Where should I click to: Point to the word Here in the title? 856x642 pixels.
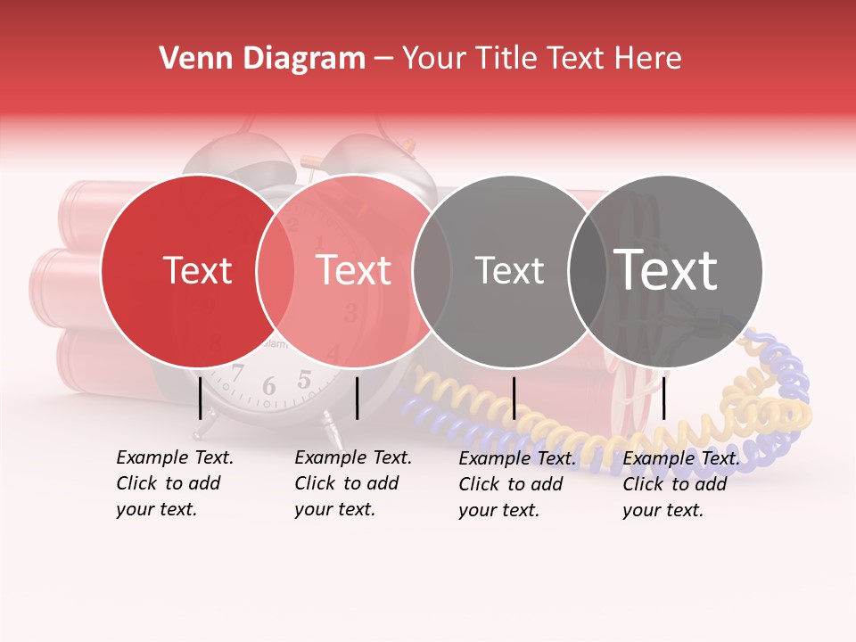[646, 59]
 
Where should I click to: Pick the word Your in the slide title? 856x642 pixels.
[434, 59]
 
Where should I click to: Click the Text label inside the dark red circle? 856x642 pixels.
[197, 270]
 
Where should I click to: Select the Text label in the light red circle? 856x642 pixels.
[354, 270]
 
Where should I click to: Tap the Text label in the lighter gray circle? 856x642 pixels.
[509, 270]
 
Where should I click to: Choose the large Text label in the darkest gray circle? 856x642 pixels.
[666, 270]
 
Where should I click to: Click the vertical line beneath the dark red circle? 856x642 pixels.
[201, 398]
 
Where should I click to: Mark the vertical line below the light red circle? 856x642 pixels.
[358, 398]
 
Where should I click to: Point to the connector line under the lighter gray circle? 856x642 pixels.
[514, 398]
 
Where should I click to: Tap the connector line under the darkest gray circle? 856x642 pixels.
[664, 398]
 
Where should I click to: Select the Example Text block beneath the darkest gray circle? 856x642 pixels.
[681, 484]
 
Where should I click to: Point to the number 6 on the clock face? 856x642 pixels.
[269, 387]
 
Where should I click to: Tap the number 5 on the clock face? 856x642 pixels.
[304, 381]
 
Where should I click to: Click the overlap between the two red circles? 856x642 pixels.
[276, 270]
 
